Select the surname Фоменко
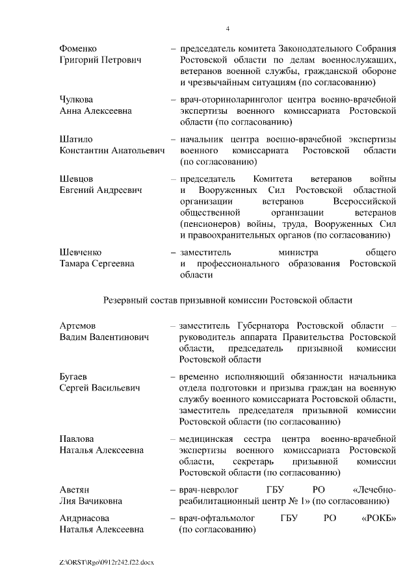(78, 49)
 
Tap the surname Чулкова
(76, 99)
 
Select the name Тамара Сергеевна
(97, 263)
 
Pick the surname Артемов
(77, 325)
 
